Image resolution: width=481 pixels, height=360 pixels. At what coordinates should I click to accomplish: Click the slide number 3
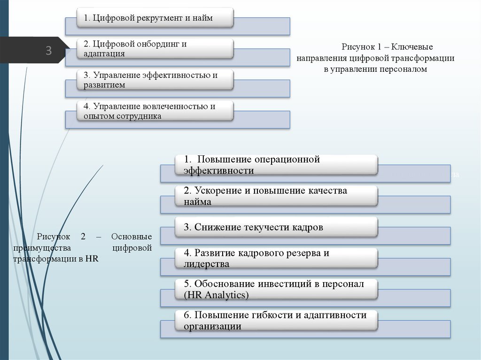tap(48, 51)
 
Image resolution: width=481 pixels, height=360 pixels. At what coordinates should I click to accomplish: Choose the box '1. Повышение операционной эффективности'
tap(277, 165)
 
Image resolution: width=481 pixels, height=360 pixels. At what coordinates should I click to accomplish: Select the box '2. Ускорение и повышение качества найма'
tap(277, 196)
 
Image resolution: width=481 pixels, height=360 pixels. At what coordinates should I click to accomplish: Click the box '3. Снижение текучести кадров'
tap(277, 227)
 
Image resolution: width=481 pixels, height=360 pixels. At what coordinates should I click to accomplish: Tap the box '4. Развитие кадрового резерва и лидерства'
tap(277, 258)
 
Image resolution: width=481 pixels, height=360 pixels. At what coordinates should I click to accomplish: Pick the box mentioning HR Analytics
tap(277, 289)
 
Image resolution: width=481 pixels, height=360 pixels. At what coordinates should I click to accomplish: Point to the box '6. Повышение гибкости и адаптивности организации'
tap(277, 320)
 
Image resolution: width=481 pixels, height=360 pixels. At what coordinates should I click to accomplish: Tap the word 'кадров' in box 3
tap(308, 227)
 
